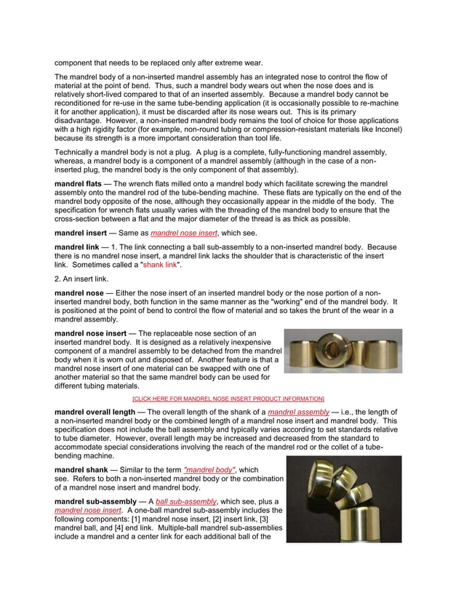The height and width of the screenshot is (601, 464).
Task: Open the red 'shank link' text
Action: click(160, 265)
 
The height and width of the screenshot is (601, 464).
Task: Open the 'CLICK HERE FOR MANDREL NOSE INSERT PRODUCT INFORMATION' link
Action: click(228, 399)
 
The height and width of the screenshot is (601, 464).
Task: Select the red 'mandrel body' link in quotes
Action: click(210, 469)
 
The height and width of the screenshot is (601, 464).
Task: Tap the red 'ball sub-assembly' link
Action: click(186, 502)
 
